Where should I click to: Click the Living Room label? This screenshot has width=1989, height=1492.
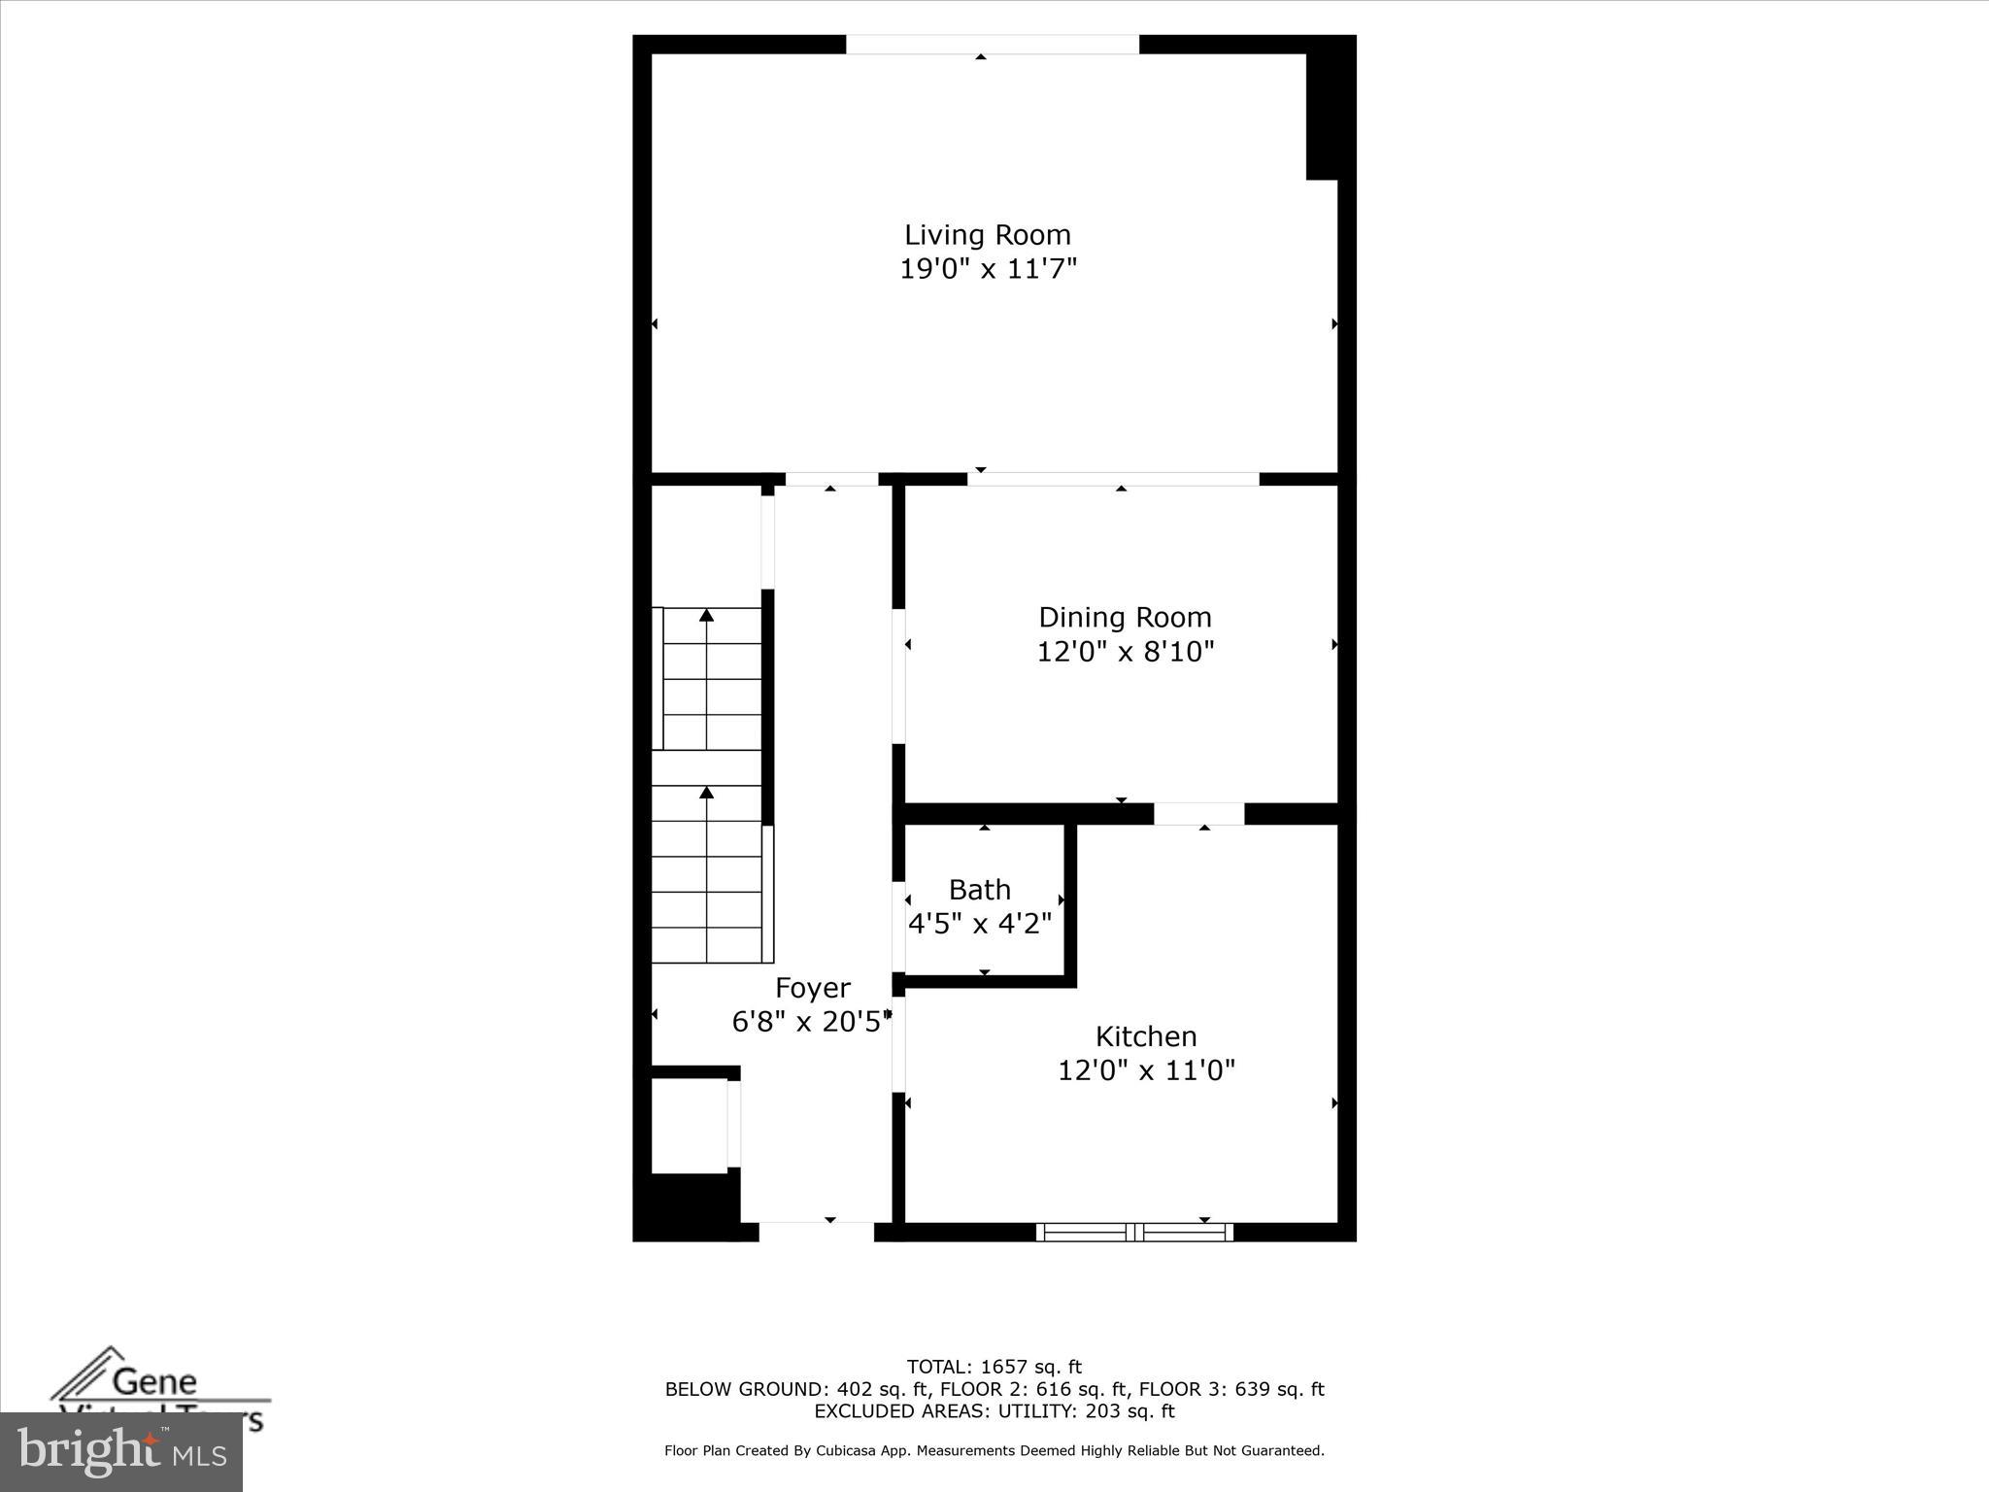pyautogui.click(x=988, y=235)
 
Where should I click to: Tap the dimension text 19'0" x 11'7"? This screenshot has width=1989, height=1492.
pyautogui.click(x=988, y=269)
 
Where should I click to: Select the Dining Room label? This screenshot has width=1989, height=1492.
pyautogui.click(x=1125, y=618)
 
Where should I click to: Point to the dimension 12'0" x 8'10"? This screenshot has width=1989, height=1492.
pyautogui.click(x=1125, y=652)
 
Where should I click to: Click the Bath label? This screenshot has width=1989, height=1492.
pyautogui.click(x=979, y=890)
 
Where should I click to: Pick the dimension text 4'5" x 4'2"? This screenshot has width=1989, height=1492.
pyautogui.click(x=979, y=924)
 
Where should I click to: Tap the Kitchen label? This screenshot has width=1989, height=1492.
pyautogui.click(x=1146, y=1036)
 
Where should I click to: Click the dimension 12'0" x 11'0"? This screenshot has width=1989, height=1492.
pyautogui.click(x=1146, y=1070)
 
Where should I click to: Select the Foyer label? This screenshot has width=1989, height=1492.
pyautogui.click(x=812, y=988)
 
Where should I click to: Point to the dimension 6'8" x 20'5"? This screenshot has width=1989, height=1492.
pyautogui.click(x=811, y=1022)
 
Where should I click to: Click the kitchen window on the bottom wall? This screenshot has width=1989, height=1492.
pyautogui.click(x=1134, y=1233)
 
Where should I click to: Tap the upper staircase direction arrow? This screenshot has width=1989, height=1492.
pyautogui.click(x=707, y=616)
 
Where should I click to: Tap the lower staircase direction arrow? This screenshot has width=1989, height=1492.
pyautogui.click(x=707, y=794)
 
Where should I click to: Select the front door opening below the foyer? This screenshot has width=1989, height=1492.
pyautogui.click(x=816, y=1232)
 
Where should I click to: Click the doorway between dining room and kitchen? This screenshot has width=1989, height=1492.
pyautogui.click(x=1198, y=814)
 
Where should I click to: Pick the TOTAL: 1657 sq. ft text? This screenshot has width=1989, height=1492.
pyautogui.click(x=994, y=1368)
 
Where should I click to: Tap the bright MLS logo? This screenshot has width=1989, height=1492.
pyautogui.click(x=121, y=1452)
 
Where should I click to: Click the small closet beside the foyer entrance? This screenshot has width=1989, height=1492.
pyautogui.click(x=689, y=1124)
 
